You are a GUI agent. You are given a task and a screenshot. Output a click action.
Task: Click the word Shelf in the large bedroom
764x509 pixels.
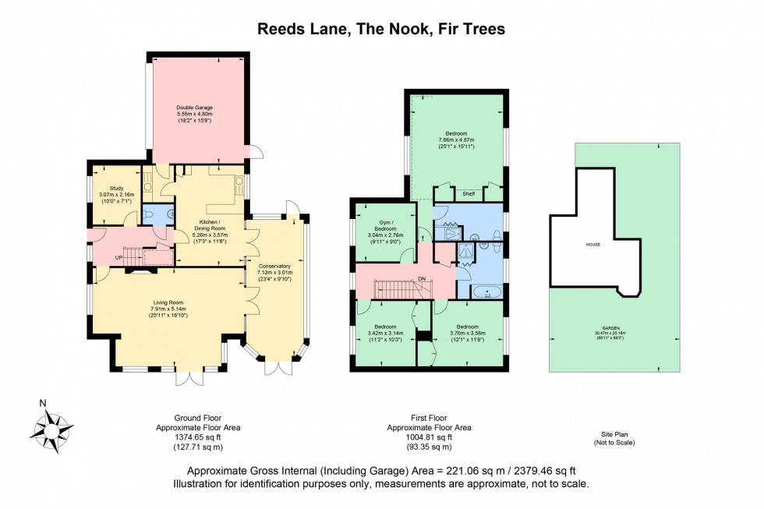pos(468,195)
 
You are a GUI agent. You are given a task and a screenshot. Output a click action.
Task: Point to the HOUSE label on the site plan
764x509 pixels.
pos(593,244)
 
